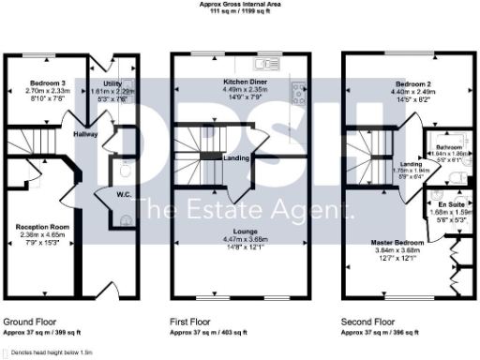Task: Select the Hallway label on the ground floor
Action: click(86, 134)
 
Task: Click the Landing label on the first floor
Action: click(235, 158)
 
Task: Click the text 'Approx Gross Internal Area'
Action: click(239, 4)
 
